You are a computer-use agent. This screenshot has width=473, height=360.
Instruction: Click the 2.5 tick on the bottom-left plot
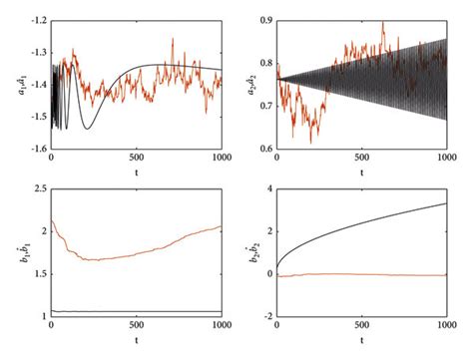tap(34, 186)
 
